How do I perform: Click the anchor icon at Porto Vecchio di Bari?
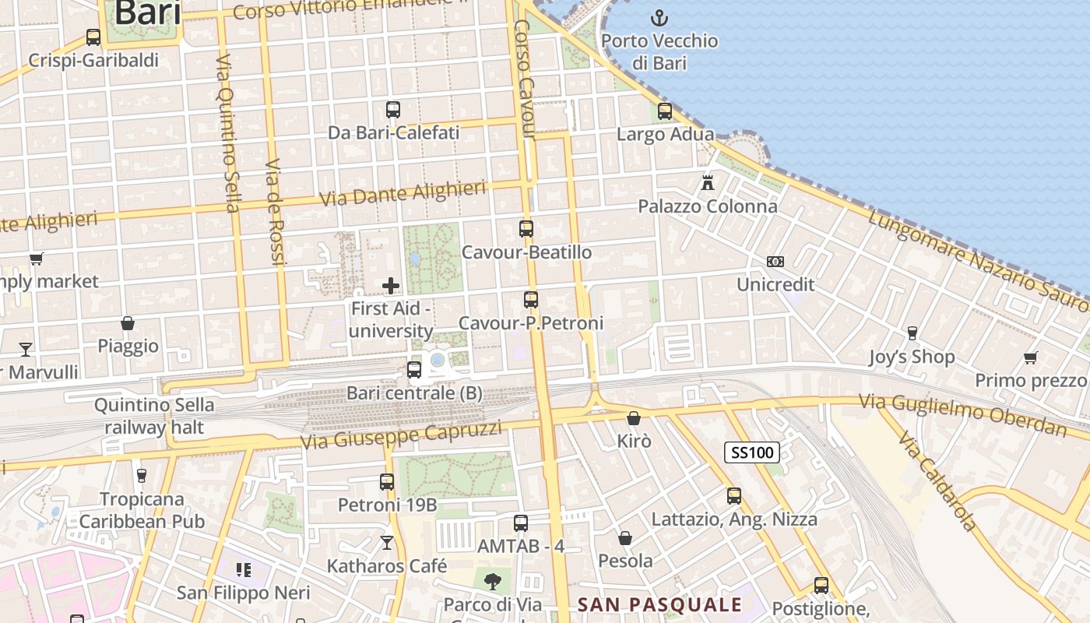click(659, 17)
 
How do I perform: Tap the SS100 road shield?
click(751, 452)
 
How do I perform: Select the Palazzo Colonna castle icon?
click(708, 183)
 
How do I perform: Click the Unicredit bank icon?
click(775, 262)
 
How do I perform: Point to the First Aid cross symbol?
click(391, 286)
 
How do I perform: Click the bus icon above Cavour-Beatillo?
click(526, 229)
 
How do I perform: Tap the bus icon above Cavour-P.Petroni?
click(531, 300)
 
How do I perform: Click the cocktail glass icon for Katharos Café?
click(387, 542)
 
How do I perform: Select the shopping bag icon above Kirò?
click(634, 418)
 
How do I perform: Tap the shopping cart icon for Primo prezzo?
click(1031, 357)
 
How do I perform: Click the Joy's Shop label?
click(912, 357)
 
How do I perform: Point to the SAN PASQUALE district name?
click(659, 604)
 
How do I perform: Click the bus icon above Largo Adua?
click(665, 111)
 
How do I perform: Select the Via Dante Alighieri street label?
click(403, 193)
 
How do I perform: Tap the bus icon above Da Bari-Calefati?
click(393, 110)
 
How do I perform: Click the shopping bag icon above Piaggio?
click(128, 323)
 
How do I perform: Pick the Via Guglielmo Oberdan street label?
click(962, 415)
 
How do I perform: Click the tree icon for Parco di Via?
click(492, 580)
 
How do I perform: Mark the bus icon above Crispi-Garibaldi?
click(93, 37)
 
